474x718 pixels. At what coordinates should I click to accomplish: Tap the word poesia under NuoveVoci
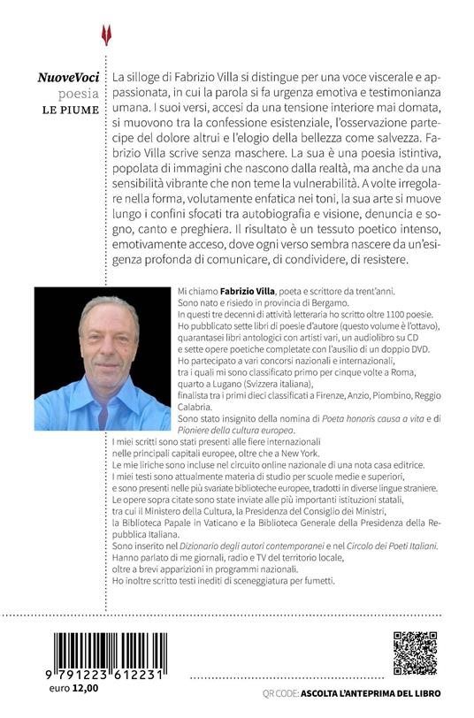79,95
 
